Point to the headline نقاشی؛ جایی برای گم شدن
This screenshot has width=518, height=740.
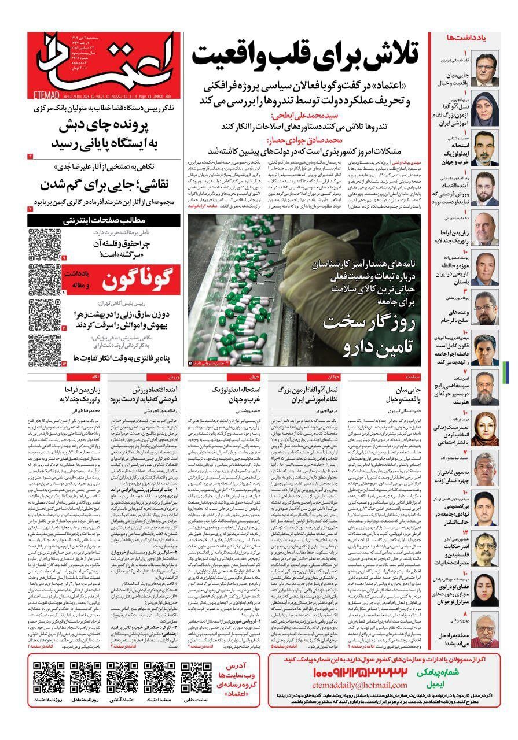tap(105, 185)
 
